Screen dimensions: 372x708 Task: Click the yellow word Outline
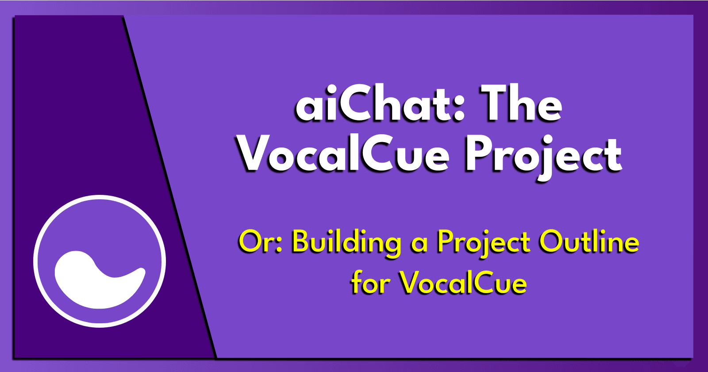tap(589, 242)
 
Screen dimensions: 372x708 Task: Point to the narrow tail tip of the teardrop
tap(142, 270)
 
